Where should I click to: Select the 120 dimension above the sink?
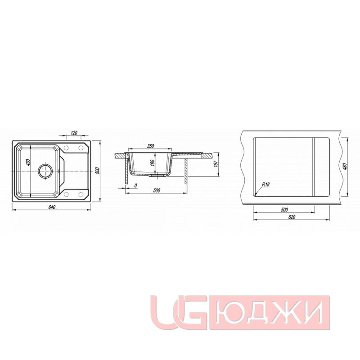pos(74,133)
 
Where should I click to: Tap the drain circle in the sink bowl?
pos(45,171)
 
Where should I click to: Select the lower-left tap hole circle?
pos(66,194)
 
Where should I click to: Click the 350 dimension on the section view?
pos(151,146)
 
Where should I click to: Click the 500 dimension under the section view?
pos(157,191)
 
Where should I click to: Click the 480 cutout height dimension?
pos(345,166)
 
